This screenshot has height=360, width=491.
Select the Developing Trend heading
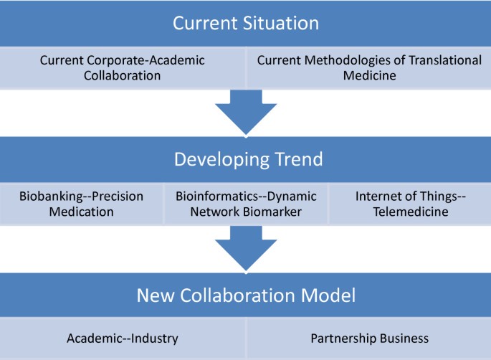click(244, 158)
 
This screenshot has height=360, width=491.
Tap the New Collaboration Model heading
click(244, 295)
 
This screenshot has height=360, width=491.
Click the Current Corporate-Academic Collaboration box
click(123, 68)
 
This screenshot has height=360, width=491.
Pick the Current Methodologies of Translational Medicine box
click(368, 68)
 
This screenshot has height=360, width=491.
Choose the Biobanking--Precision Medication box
click(82, 204)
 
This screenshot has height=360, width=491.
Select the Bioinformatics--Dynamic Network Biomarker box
click(245, 204)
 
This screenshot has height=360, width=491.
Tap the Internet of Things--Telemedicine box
click(409, 204)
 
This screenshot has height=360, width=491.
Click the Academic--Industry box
click(123, 337)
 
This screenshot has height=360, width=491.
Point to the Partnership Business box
click(368, 337)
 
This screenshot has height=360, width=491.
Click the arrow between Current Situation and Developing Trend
click(245, 111)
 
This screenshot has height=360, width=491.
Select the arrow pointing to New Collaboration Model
click(245, 247)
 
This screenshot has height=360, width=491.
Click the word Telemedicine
click(409, 212)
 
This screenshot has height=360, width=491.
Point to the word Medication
click(82, 212)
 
